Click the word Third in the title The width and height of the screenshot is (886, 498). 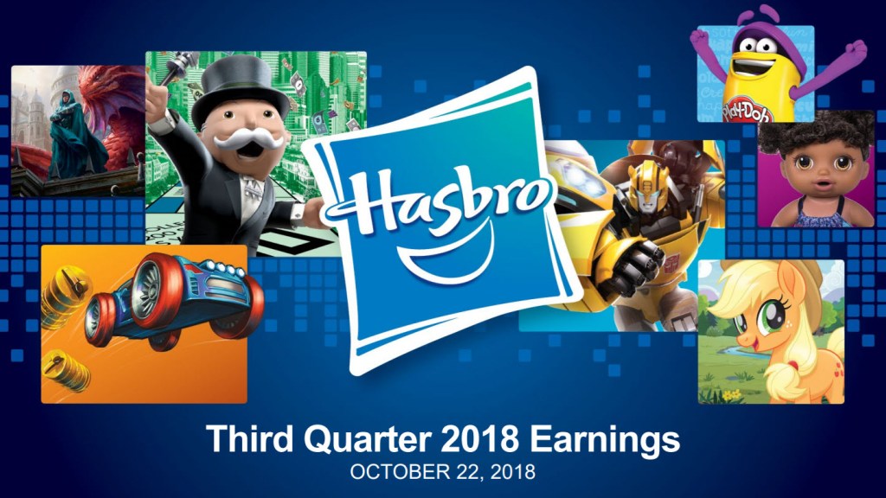tap(249, 439)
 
